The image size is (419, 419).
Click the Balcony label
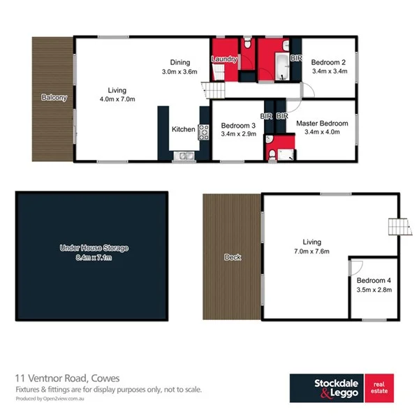click(x=54, y=98)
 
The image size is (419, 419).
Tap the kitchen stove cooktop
click(x=204, y=130)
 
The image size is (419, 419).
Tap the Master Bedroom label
click(x=322, y=123)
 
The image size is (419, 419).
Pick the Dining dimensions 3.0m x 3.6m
click(x=180, y=71)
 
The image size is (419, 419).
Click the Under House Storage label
click(x=94, y=248)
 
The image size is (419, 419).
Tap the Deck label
click(x=233, y=257)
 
